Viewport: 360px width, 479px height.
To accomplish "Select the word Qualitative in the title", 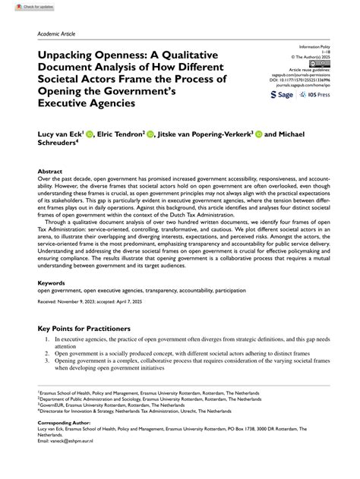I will (186, 55).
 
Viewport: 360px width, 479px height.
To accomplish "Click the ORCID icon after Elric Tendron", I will (150, 134).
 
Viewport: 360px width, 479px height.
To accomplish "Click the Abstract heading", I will (49, 172).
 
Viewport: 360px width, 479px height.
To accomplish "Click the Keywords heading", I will (51, 282).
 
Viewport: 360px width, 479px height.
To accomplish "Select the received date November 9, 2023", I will (85, 301).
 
